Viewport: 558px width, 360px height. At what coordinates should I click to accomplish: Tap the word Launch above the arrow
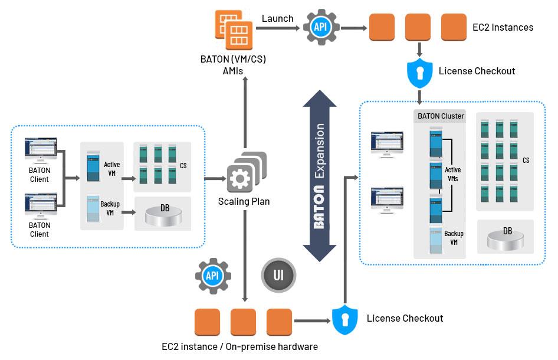(x=277, y=18)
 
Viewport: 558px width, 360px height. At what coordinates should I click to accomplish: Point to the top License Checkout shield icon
(x=420, y=71)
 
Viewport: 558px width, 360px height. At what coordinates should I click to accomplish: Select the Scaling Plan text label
(x=244, y=201)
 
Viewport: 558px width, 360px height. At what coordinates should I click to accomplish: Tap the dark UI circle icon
(x=278, y=276)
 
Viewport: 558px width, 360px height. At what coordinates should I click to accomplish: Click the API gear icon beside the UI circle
(x=213, y=276)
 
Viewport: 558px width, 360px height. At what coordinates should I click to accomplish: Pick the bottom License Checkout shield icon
(x=345, y=319)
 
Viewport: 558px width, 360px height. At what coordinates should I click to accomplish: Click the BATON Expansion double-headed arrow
(x=319, y=175)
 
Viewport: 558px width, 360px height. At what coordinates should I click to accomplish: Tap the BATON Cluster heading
(x=441, y=116)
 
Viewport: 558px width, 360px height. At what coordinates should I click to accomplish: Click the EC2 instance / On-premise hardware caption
(x=239, y=346)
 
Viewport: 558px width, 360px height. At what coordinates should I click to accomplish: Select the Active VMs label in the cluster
(x=452, y=174)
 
